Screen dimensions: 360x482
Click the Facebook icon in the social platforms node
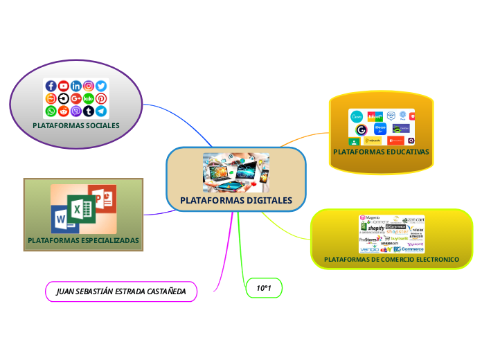click(51, 87)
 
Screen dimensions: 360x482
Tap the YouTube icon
click(64, 87)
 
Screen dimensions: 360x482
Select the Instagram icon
click(89, 87)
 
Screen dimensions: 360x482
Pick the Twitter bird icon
click(101, 87)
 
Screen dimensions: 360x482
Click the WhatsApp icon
click(51, 111)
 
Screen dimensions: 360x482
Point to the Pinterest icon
click(101, 98)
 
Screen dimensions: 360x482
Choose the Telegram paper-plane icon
click(101, 111)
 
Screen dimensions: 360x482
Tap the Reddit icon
click(64, 111)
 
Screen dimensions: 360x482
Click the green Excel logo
click(80, 208)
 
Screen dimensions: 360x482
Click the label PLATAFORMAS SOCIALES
click(76, 126)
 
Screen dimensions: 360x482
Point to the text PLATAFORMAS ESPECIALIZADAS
click(83, 241)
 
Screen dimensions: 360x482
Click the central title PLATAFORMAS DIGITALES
click(236, 201)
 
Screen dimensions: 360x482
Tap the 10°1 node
click(264, 288)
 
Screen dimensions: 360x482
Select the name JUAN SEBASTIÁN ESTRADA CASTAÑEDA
click(121, 291)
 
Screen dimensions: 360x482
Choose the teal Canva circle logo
click(357, 116)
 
